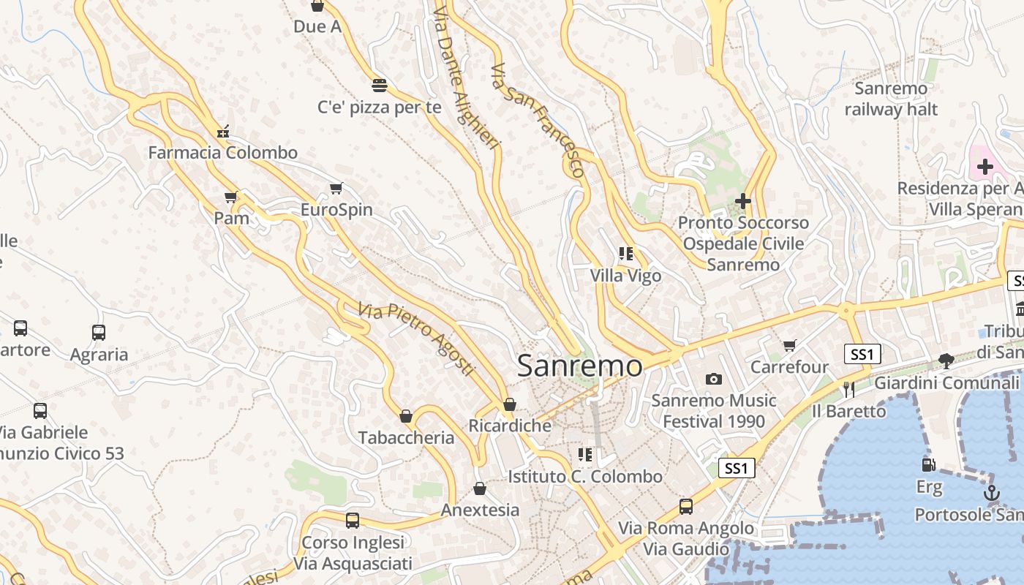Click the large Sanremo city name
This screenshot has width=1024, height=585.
(x=580, y=366)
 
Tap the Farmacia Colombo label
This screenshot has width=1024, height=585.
(x=223, y=153)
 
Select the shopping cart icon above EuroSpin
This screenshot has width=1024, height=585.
(x=336, y=189)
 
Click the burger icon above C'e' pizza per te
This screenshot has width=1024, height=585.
(x=379, y=86)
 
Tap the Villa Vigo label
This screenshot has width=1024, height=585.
(x=626, y=276)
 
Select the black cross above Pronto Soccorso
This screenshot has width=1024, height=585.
(x=743, y=200)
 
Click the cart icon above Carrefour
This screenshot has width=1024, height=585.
(x=789, y=345)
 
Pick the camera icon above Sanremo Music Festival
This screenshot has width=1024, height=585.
(x=714, y=379)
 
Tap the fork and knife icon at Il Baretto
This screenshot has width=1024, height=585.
(x=848, y=390)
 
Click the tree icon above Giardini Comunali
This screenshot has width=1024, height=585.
(x=946, y=361)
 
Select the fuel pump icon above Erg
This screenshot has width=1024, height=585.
(x=928, y=464)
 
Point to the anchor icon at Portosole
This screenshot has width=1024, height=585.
(x=992, y=492)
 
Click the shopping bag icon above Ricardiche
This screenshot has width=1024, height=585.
(x=510, y=404)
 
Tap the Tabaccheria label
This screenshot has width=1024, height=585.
(x=406, y=438)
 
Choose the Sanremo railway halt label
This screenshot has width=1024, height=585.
(x=891, y=99)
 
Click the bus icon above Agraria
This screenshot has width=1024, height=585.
(x=99, y=333)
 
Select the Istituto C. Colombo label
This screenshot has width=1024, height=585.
(x=585, y=477)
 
